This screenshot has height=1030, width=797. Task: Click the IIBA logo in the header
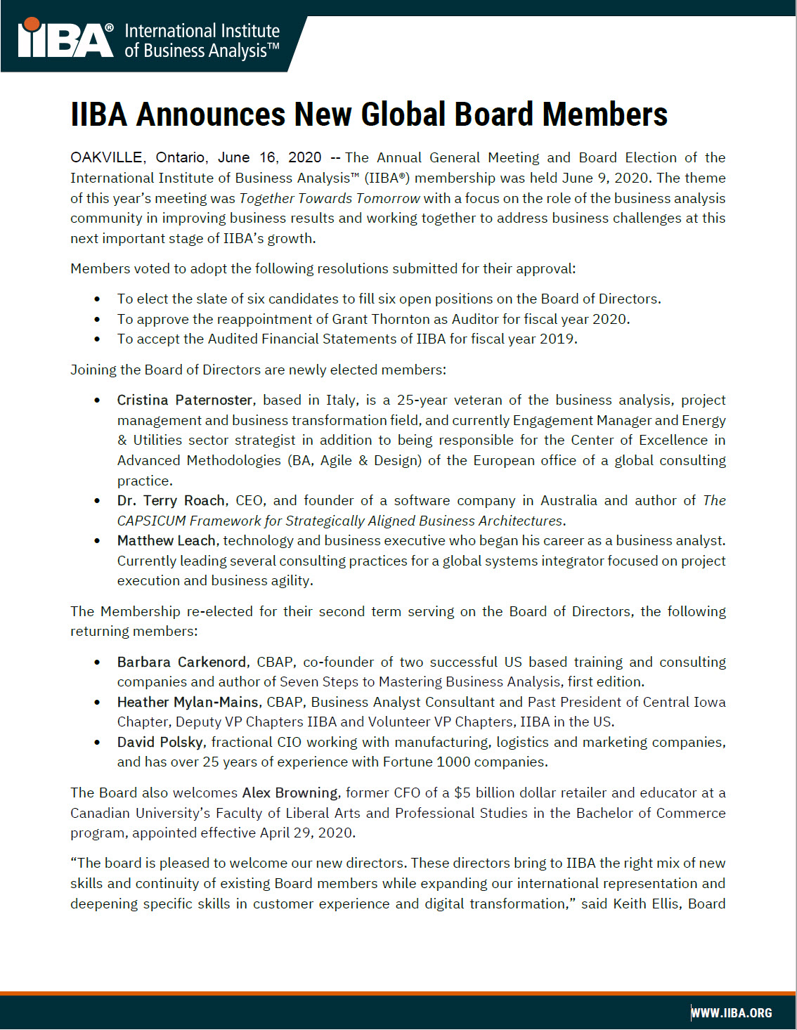click(65, 39)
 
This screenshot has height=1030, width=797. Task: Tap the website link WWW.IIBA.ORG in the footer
click(732, 1012)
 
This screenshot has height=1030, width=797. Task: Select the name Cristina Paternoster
click(185, 400)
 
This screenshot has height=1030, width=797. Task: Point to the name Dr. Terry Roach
click(171, 500)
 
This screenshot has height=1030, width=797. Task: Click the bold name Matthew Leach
click(167, 540)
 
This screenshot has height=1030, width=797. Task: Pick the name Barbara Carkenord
click(181, 662)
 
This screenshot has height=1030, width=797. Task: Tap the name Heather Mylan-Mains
click(188, 702)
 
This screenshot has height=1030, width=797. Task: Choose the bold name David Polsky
click(161, 742)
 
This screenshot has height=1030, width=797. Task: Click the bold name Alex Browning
click(290, 793)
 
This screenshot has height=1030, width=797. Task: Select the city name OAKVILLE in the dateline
click(107, 157)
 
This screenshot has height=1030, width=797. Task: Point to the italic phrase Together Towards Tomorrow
click(329, 198)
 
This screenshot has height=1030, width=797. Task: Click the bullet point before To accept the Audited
click(97, 339)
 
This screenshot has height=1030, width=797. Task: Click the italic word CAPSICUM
click(151, 521)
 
